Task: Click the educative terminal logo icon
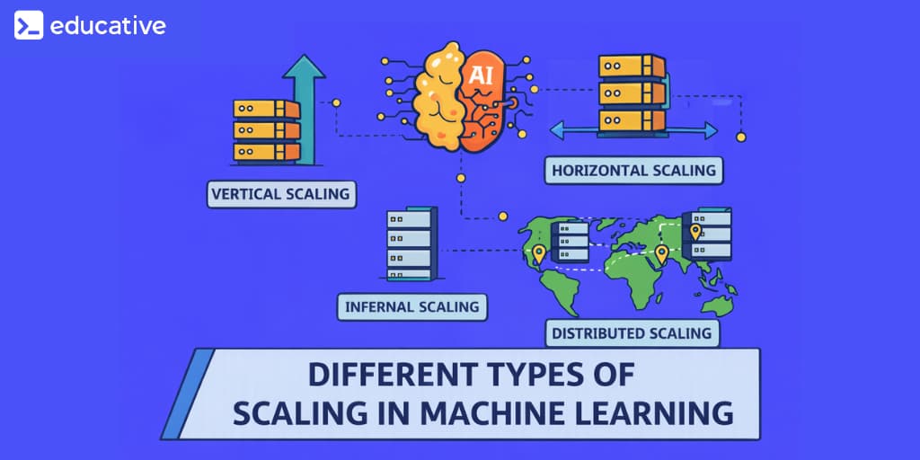(x=29, y=25)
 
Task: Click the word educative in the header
(x=107, y=25)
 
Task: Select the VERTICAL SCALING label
(x=279, y=193)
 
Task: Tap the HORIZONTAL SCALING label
(x=633, y=170)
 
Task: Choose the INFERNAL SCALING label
(x=412, y=306)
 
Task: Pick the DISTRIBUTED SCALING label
(x=632, y=333)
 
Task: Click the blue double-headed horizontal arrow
(x=633, y=131)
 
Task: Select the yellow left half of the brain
(x=438, y=94)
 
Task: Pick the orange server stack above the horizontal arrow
(x=632, y=92)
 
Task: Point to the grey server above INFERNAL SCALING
(x=411, y=244)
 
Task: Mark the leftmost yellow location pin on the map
(x=538, y=254)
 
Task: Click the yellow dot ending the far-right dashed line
(x=741, y=137)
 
